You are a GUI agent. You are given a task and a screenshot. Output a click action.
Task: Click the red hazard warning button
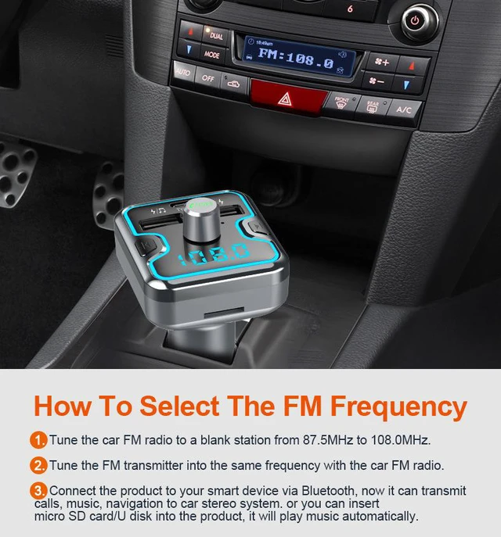coord(287,97)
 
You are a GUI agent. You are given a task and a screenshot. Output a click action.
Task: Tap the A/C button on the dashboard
coord(403,109)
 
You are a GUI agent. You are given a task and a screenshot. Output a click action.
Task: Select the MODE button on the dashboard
coord(212,54)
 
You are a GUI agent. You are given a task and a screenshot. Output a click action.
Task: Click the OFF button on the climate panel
coord(207,77)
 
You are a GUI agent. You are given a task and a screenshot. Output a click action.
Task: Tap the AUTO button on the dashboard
coord(183,72)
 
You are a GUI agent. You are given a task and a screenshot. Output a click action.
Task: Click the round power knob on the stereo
coord(415,21)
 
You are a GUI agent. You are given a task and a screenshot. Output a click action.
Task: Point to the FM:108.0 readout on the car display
coord(295,59)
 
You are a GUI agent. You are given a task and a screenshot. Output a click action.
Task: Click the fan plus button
coord(382,62)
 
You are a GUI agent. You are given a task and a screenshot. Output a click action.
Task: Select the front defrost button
coord(341,102)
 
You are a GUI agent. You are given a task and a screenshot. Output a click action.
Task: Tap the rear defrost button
coord(373,106)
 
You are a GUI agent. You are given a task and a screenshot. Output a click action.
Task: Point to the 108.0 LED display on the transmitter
coord(214,255)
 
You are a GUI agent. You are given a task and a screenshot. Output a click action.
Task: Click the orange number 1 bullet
coord(38,440)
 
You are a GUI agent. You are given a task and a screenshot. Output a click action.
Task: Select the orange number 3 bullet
coord(38,491)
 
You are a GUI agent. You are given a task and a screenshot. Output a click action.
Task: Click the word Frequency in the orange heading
coord(398,407)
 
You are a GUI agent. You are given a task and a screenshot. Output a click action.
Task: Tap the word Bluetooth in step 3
coord(328,491)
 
